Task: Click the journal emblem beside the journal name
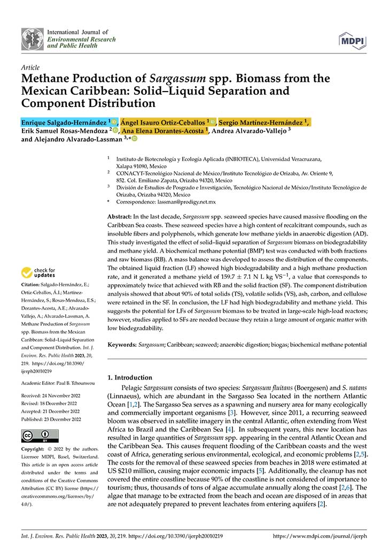coord(32,39)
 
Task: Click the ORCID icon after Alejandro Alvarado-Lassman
coord(135,139)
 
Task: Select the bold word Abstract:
coord(119,217)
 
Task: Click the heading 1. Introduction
coord(130,377)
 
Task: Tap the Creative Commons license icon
coord(40,435)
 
